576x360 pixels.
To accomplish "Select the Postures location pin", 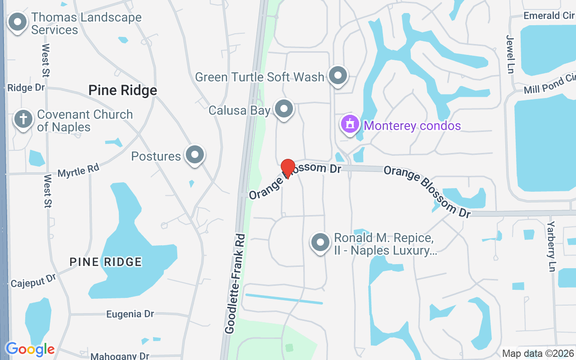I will click(x=195, y=155).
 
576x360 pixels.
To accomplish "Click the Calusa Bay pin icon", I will click(x=284, y=109).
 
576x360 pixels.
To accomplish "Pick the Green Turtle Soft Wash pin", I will click(x=338, y=76).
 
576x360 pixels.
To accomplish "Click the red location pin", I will click(x=288, y=168).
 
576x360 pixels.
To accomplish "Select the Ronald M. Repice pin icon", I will click(x=320, y=243).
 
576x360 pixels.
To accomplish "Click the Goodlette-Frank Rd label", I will click(x=235, y=283).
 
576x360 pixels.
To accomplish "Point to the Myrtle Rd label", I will click(x=78, y=171).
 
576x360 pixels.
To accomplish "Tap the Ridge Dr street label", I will click(x=26, y=88).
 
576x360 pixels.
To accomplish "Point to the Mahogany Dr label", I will click(x=120, y=356).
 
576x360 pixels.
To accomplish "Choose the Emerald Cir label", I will click(x=549, y=16).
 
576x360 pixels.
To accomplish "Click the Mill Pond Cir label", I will click(x=549, y=85).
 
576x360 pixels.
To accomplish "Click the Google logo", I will click(x=30, y=349).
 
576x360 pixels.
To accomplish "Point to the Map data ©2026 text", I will click(x=538, y=354).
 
